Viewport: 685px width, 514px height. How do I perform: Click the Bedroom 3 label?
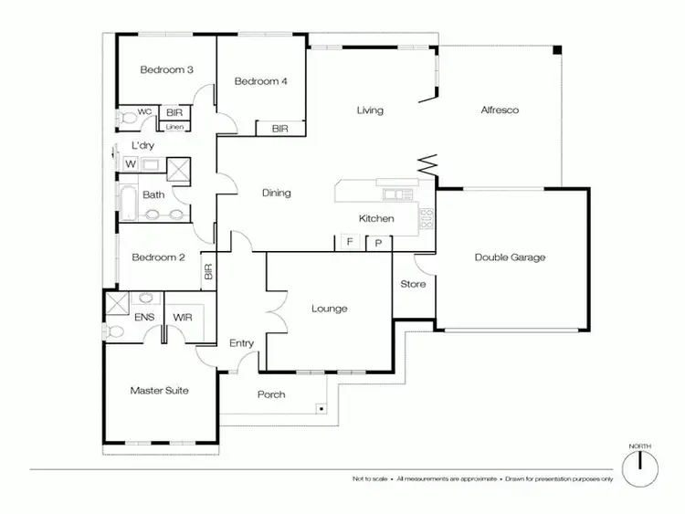[165, 70]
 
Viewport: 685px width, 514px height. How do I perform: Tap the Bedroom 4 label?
[261, 81]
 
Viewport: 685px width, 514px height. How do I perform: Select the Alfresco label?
[500, 110]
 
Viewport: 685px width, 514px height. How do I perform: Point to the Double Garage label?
[510, 257]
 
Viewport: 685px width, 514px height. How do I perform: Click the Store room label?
[413, 284]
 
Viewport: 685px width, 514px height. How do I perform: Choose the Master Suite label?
[159, 391]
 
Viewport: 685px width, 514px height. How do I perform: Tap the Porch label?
[271, 394]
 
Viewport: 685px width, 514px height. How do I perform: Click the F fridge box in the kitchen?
[348, 242]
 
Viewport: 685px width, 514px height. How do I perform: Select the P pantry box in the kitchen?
[378, 243]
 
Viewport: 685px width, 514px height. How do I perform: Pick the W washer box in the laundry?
[131, 164]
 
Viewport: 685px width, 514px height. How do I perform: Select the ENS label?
[144, 317]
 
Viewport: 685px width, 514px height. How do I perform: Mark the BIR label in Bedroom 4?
[279, 130]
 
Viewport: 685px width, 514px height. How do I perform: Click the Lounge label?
[329, 309]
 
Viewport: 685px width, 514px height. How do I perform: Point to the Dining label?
[276, 193]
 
